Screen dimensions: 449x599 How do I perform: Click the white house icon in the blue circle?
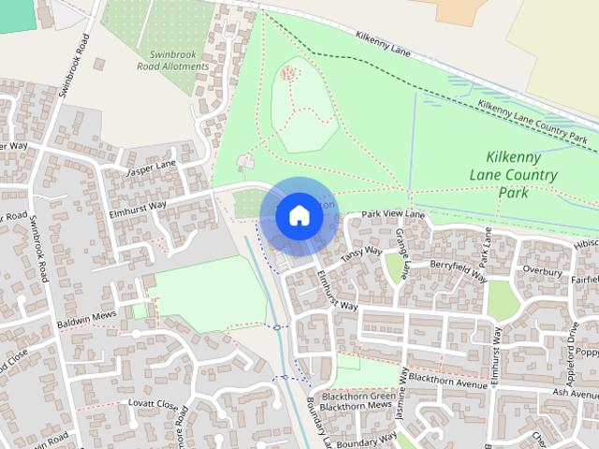299,215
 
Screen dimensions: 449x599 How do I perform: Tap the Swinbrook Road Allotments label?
173,61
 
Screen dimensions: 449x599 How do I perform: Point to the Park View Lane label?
393,215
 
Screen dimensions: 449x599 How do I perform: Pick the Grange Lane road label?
402,253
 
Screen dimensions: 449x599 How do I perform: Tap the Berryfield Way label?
459,270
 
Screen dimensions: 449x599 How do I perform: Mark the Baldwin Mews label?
86,315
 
